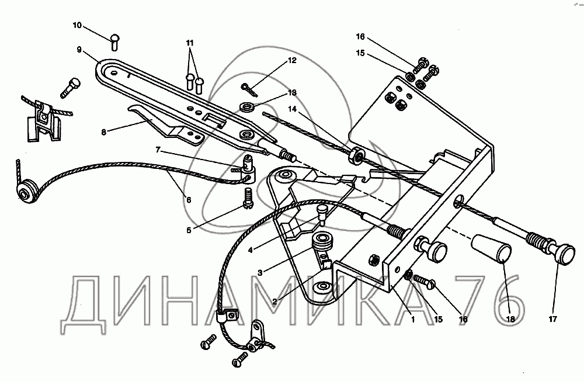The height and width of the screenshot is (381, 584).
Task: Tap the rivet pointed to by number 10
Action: click(114, 41)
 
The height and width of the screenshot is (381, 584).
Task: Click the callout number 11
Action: click(189, 44)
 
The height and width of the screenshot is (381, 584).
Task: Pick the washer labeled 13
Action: click(248, 107)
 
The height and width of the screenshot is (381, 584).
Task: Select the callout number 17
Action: click(552, 318)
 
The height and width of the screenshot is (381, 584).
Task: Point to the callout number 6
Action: click(188, 200)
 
